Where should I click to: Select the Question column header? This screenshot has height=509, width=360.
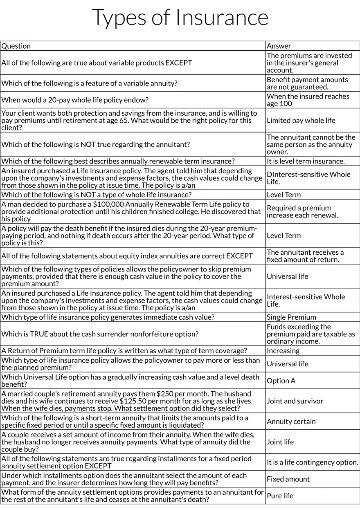[x=16, y=46]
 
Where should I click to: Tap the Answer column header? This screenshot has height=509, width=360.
[x=279, y=46]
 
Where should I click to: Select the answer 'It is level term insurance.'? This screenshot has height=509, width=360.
[x=306, y=161]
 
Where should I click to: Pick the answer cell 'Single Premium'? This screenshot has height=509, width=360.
[x=291, y=317]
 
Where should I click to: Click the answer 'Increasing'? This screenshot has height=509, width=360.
[x=283, y=351]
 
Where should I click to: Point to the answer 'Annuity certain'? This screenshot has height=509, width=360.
[x=291, y=422]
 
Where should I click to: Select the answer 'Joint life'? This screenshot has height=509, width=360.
[x=280, y=442]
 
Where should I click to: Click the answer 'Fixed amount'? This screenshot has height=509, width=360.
[x=288, y=479]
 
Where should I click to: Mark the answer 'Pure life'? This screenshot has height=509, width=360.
[x=280, y=496]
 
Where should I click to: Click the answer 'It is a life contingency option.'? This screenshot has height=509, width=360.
[x=313, y=462]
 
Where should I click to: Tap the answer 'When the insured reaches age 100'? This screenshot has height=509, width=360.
[x=308, y=100]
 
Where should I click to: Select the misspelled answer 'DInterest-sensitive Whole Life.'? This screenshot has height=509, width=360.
[x=308, y=178]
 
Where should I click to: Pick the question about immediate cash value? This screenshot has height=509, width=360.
[x=108, y=317]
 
